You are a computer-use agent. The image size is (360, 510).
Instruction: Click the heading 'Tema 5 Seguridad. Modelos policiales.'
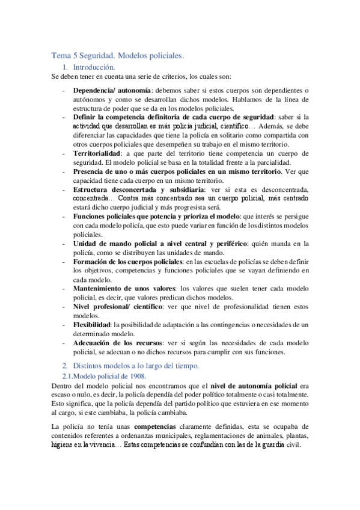coord(117,55)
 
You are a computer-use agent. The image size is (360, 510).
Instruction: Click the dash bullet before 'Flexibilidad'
coord(64,325)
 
